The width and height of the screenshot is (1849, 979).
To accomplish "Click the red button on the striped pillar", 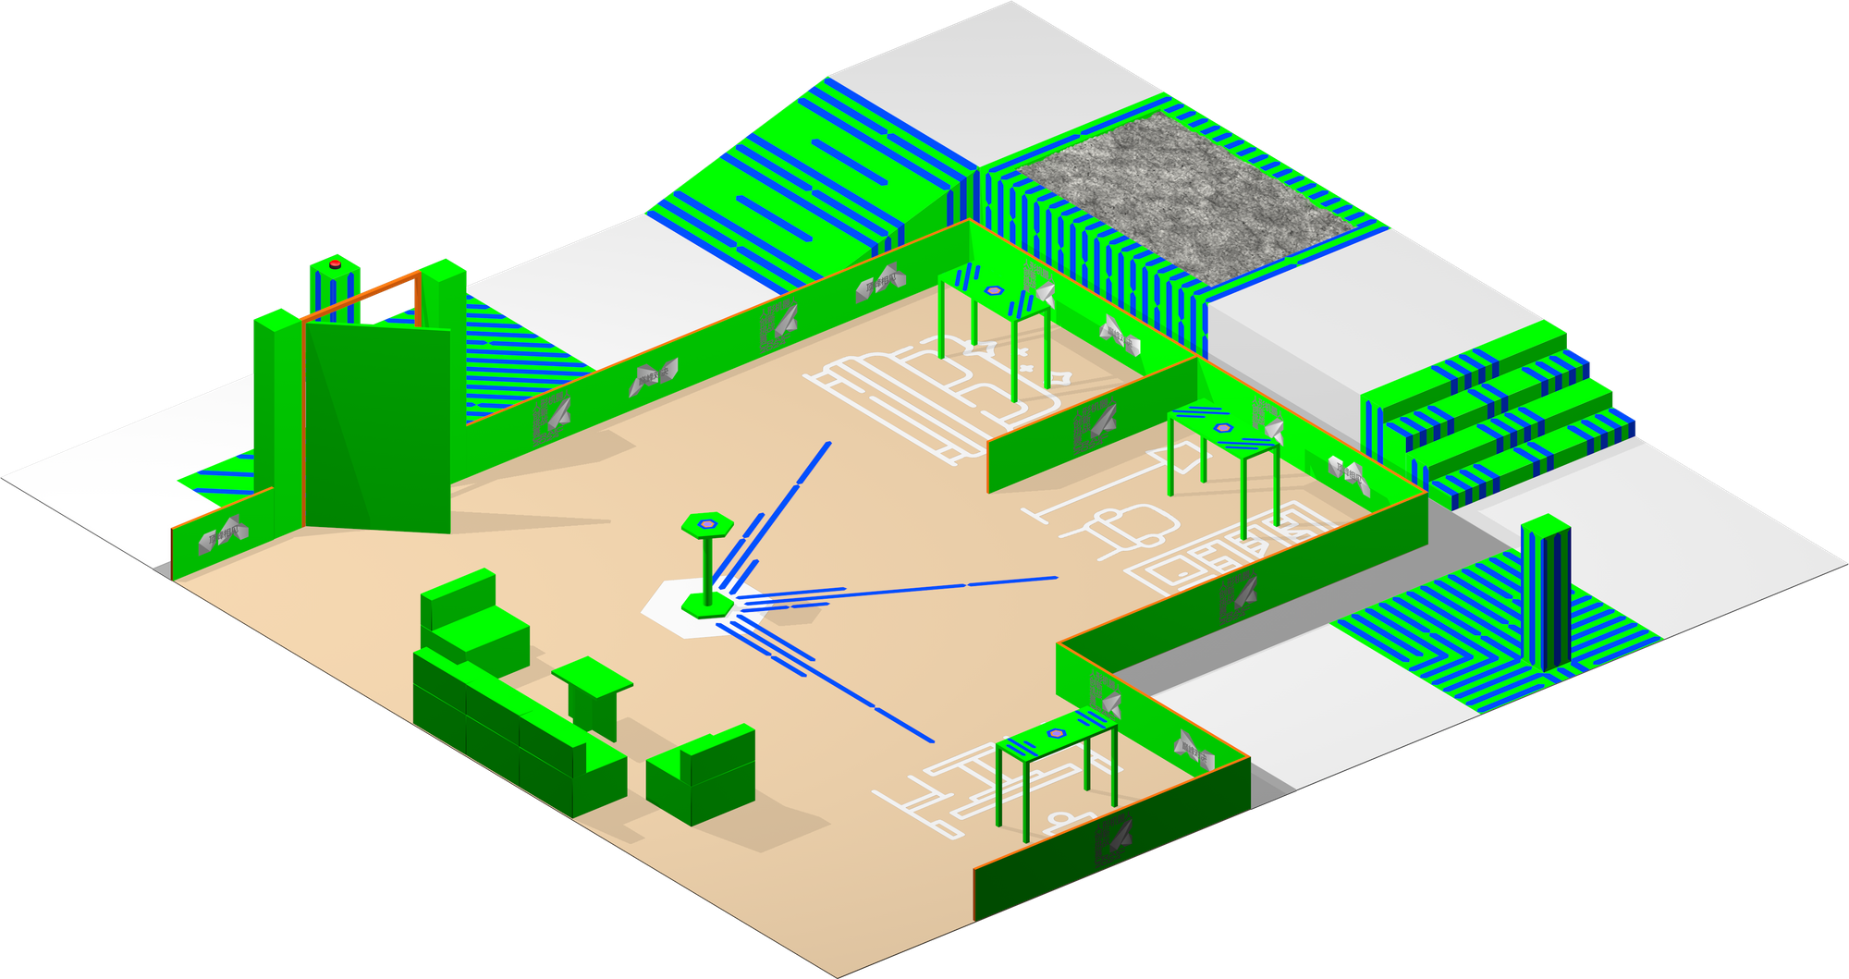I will click(335, 264).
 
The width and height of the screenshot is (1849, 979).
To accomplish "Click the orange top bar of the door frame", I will click(361, 296).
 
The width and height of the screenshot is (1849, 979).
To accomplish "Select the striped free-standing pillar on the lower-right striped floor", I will click(1545, 592).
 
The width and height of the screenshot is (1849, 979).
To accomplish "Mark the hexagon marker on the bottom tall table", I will click(1057, 733).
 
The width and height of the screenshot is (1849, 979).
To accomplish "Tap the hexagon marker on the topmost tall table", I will click(995, 290).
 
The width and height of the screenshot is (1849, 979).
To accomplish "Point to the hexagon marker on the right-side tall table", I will click(1223, 428).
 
